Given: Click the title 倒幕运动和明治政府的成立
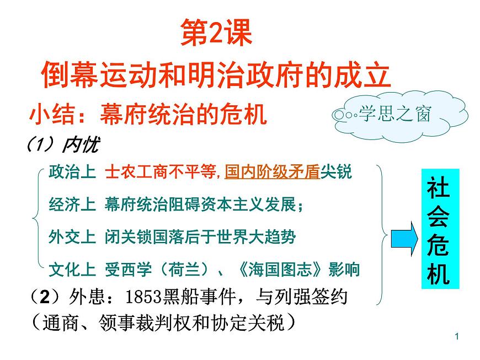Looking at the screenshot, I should (216, 75).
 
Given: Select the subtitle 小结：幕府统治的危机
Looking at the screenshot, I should (148, 115).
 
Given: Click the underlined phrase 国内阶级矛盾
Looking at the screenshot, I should (272, 172).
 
